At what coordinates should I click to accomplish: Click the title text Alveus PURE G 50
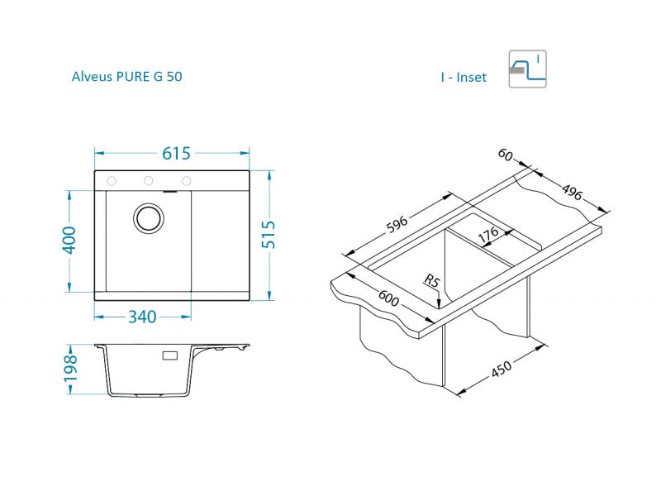click(x=127, y=77)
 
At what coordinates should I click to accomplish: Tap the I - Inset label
click(x=464, y=77)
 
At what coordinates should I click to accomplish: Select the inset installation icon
click(x=527, y=69)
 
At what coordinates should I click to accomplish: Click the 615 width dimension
click(x=176, y=154)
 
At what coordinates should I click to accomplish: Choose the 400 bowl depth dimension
click(x=69, y=241)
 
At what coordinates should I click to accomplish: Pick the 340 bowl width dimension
click(x=142, y=317)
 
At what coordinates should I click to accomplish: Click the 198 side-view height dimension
click(x=70, y=368)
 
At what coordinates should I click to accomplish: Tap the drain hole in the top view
click(x=149, y=218)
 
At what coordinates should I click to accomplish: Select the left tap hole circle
click(x=112, y=181)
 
